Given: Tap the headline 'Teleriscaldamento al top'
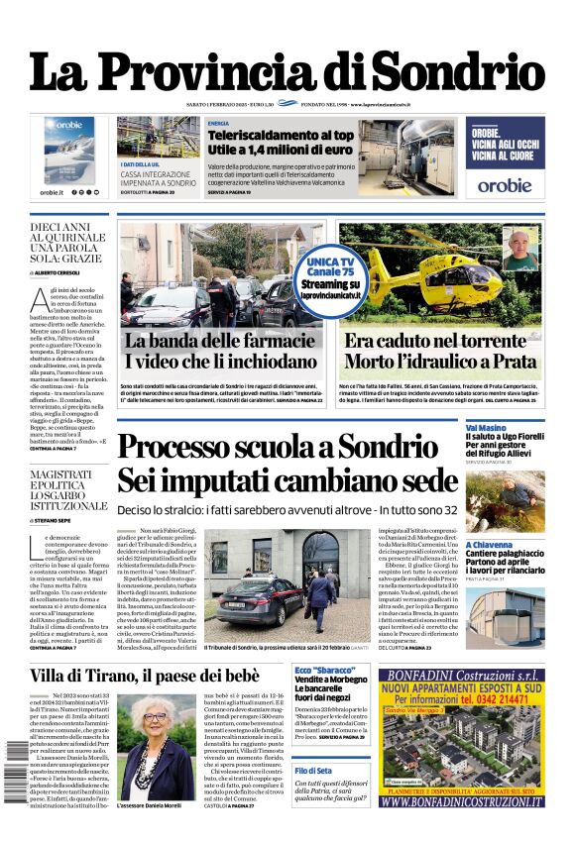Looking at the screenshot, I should (280, 135).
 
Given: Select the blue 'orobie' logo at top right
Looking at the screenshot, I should (504, 184).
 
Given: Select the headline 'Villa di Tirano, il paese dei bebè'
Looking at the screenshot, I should (145, 677).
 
